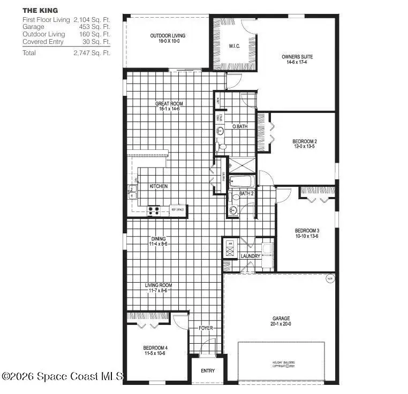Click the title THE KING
pos(41,10)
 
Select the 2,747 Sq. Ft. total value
pos(92,53)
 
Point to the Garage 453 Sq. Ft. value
pos(92,26)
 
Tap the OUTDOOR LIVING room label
pos(168,36)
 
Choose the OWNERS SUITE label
pos(297,57)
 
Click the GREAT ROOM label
pos(169,104)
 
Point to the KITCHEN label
pos(158,186)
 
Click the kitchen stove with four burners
pos(154,210)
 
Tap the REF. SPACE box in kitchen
pos(178,210)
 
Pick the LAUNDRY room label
pos(250,256)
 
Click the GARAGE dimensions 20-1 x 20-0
pos(281,324)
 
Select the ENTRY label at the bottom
pos(208,371)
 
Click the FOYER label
pos(206,328)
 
